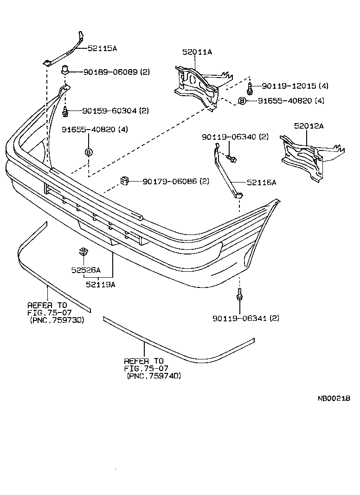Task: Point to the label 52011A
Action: pos(197,52)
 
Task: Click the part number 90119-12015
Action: pos(288,86)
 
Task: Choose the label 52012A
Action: pos(309,126)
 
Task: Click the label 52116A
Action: pos(261,182)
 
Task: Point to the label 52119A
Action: pos(100,285)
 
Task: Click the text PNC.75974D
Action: pos(154,376)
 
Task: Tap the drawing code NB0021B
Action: pos(334,398)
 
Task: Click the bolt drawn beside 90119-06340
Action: pos(232,159)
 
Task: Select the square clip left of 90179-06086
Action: pos(125,181)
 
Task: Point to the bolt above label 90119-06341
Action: pos(239,294)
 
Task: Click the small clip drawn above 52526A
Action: pos(84,252)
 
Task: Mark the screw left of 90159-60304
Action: pos(65,112)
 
